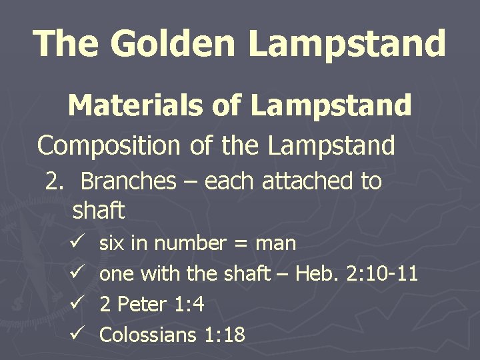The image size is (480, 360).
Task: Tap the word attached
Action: (x=303, y=181)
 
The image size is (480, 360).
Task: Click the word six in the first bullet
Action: (x=112, y=243)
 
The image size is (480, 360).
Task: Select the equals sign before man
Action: (x=241, y=244)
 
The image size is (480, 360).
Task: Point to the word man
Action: (x=275, y=244)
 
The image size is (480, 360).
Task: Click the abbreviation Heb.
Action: (x=319, y=274)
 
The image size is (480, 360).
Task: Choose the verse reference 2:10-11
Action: (x=383, y=274)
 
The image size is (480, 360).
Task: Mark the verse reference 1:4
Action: (x=189, y=305)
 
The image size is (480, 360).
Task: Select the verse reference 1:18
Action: (x=223, y=335)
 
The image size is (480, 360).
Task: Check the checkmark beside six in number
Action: (x=75, y=243)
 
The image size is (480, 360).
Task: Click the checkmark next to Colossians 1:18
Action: (x=75, y=334)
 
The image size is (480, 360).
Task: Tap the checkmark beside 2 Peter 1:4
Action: (x=75, y=303)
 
